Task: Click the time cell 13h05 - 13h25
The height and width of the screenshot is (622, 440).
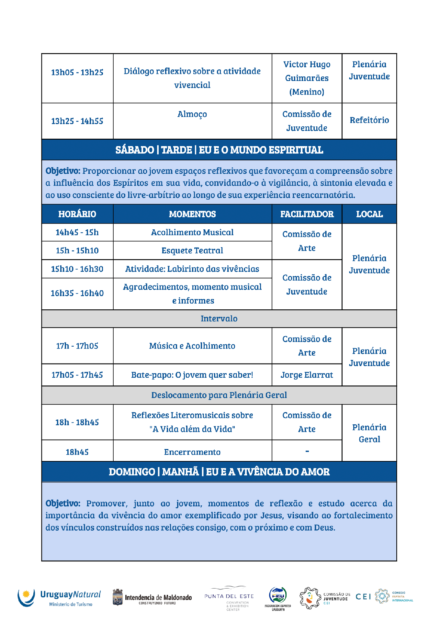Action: point(77,72)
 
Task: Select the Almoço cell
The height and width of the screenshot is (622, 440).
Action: point(192,114)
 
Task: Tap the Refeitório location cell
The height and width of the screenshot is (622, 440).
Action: point(369,120)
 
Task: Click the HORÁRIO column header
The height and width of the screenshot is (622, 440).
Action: point(77,214)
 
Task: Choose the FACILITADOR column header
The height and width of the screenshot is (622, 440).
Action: point(307,214)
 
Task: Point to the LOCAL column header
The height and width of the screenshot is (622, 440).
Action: point(369,214)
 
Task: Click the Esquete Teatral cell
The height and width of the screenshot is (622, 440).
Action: point(192,250)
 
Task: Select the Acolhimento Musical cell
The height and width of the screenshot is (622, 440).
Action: point(192,232)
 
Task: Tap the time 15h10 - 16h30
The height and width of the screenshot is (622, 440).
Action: point(77,269)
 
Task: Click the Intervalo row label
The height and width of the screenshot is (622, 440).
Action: point(219,318)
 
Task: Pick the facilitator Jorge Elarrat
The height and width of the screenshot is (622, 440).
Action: point(307,375)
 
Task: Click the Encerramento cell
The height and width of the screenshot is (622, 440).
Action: point(192,452)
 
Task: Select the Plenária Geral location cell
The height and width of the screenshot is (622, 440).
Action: point(369,433)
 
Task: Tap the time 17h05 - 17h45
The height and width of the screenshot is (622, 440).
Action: point(77,375)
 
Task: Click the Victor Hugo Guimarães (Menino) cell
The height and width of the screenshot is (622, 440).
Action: point(307,78)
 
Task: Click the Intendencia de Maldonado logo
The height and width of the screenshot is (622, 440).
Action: point(152,598)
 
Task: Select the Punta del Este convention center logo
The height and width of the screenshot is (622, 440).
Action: point(229,598)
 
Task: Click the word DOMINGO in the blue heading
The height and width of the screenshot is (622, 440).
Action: point(132,472)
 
